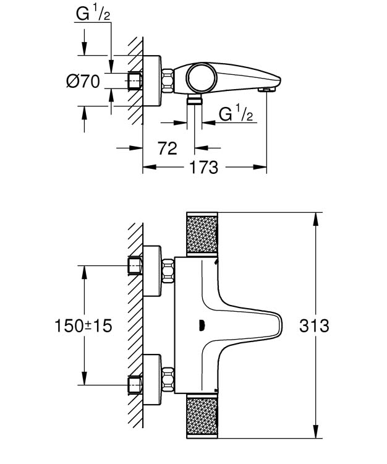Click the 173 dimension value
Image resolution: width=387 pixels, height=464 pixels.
(x=203, y=167)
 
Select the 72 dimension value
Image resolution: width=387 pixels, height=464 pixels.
(x=167, y=148)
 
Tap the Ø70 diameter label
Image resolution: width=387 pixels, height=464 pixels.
(x=82, y=81)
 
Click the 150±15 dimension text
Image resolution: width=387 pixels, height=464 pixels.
(x=83, y=325)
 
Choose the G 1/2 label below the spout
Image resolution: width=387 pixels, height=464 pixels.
(x=236, y=114)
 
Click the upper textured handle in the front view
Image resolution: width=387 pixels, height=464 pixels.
(x=203, y=235)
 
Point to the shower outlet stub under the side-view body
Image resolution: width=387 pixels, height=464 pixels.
(x=195, y=100)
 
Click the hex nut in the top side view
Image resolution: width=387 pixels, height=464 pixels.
(x=167, y=80)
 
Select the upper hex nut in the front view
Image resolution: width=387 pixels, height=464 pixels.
(x=167, y=271)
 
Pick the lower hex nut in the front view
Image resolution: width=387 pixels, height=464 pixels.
(x=167, y=379)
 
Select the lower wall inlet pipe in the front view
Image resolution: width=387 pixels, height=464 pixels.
(x=135, y=385)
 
